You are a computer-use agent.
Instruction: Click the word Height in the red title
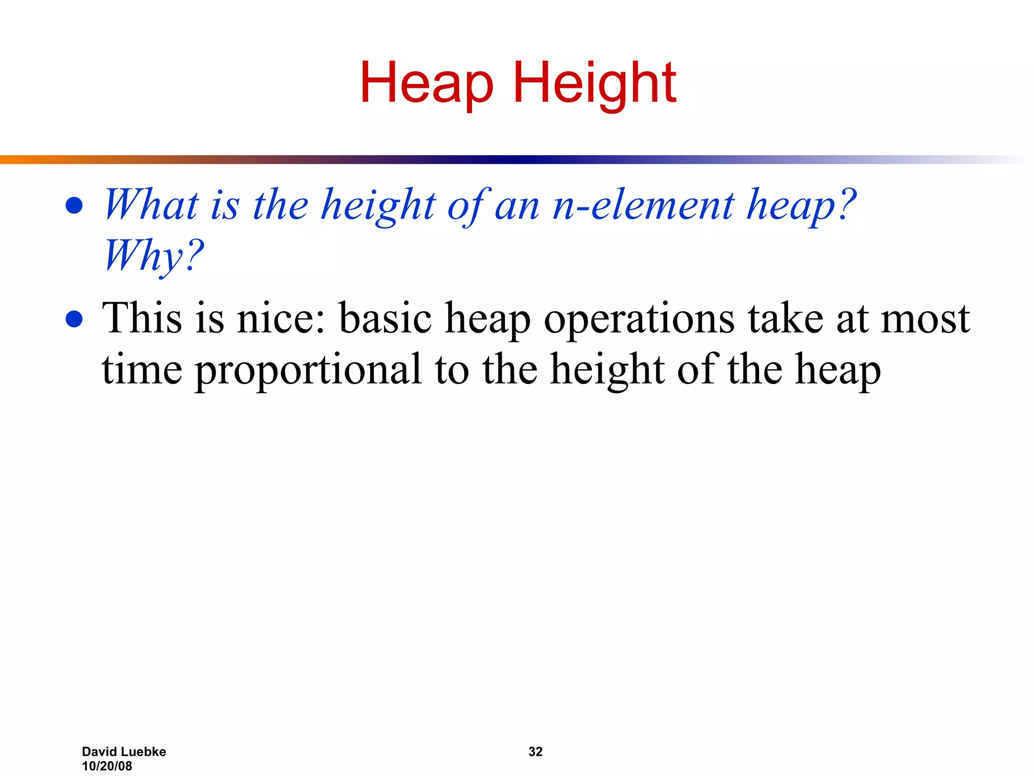pyautogui.click(x=594, y=83)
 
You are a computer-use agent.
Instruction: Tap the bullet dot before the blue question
pyautogui.click(x=74, y=206)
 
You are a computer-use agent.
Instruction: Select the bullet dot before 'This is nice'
pyautogui.click(x=74, y=319)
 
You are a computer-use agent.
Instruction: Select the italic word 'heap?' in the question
pyautogui.click(x=801, y=206)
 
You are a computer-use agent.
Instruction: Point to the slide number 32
pyautogui.click(x=535, y=752)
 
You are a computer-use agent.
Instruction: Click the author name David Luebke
pyautogui.click(x=124, y=752)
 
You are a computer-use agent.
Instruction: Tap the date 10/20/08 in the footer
pyautogui.click(x=107, y=766)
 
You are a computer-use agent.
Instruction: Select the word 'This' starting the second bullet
pyautogui.click(x=142, y=318)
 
